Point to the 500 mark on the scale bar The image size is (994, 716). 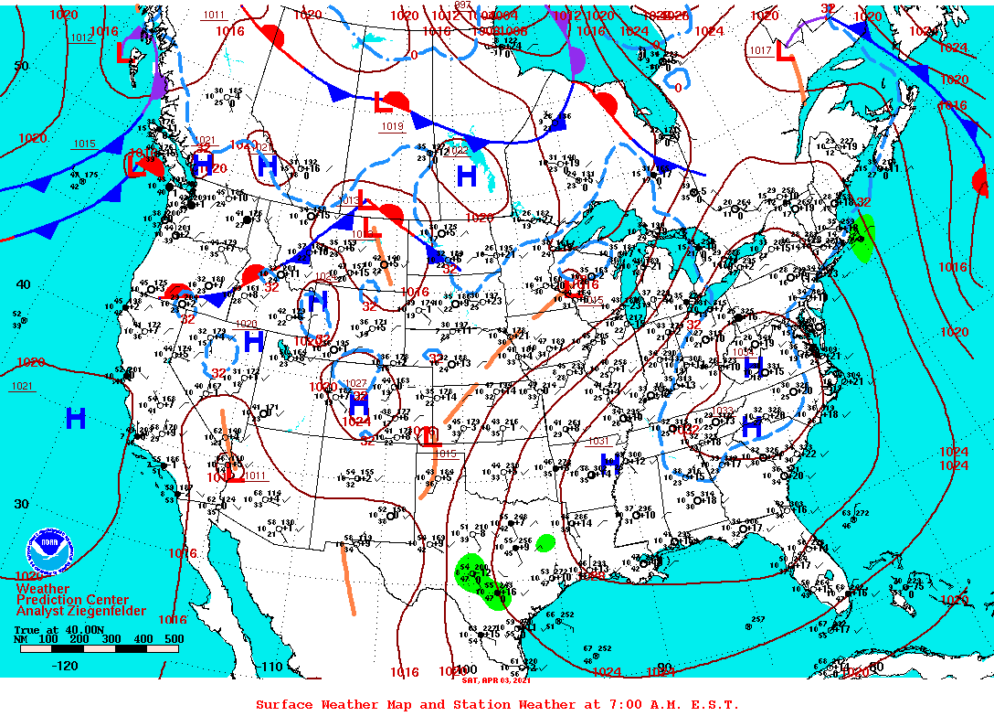[174, 638]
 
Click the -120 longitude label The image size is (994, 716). [66, 666]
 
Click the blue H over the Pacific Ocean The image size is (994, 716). [76, 419]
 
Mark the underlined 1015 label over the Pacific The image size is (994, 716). [84, 144]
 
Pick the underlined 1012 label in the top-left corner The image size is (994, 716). [81, 37]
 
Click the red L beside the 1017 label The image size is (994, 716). [783, 52]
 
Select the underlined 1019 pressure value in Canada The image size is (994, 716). [392, 126]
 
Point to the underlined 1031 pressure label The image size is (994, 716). [598, 441]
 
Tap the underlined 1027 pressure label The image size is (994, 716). [356, 382]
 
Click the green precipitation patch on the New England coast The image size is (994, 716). [862, 240]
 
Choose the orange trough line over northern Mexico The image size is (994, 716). [349, 580]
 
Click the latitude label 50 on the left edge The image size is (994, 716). [21, 65]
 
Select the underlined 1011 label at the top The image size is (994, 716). [214, 15]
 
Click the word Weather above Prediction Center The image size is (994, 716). [42, 588]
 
